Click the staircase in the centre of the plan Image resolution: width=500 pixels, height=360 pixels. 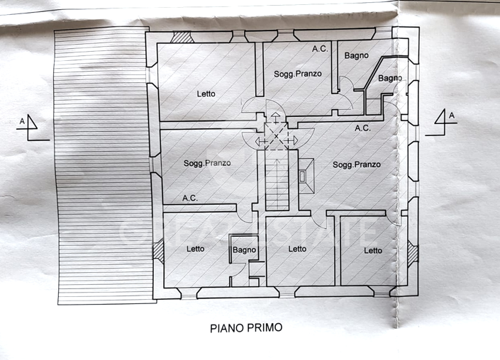tap(277, 183)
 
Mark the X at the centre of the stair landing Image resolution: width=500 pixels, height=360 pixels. tap(277, 135)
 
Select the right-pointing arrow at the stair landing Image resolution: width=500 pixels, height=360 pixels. tap(292, 142)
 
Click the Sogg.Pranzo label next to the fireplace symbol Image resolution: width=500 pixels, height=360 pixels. tap(357, 164)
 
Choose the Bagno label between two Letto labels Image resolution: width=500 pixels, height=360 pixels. tap(243, 249)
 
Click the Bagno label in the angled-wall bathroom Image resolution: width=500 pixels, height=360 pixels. tap(390, 78)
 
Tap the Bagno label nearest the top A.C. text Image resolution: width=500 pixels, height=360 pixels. tap(357, 55)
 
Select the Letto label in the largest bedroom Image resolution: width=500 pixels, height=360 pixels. tap(206, 94)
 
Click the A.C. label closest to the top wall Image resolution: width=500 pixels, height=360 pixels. tap(320, 49)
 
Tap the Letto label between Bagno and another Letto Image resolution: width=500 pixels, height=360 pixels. tap(297, 249)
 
